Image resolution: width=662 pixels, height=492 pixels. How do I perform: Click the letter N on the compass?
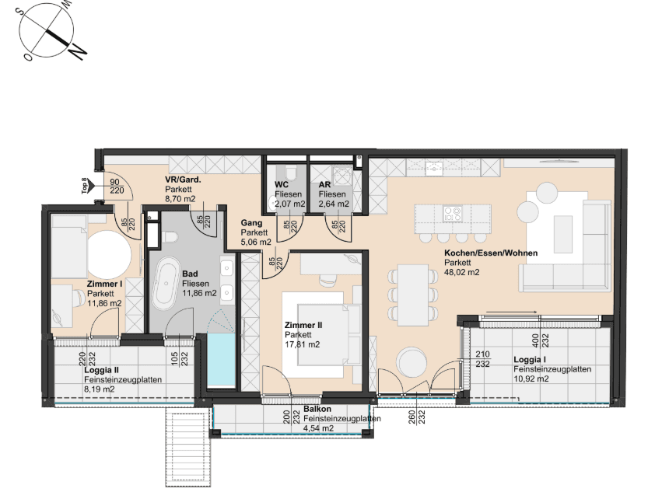pos(77,51)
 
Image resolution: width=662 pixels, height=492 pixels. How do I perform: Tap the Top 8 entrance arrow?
pos(93,186)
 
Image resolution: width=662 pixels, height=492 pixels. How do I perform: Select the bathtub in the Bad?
pos(165,284)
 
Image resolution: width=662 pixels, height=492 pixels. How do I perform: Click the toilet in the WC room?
pos(291,172)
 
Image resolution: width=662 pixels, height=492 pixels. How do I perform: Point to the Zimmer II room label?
pos(303,325)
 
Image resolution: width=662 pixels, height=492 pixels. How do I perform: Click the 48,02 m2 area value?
pos(461,272)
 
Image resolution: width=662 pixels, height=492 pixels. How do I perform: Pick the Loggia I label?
pos(530,360)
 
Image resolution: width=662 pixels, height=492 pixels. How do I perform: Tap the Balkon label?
pos(317,409)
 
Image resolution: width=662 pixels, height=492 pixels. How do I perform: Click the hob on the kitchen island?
pos(452,213)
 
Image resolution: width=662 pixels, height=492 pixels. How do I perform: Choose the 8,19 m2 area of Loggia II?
pos(100,389)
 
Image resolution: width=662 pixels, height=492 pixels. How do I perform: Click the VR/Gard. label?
pos(183,180)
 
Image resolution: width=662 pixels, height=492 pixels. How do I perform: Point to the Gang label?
pos(251,223)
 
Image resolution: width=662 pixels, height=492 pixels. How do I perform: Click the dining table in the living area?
pos(413,295)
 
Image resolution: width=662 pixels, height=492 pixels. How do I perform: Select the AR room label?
pos(324,185)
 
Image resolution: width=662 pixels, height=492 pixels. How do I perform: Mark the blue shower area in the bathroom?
pos(222,359)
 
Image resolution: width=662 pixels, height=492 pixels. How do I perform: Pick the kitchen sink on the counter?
pos(434,168)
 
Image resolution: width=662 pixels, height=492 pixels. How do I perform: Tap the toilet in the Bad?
pos(170,237)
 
